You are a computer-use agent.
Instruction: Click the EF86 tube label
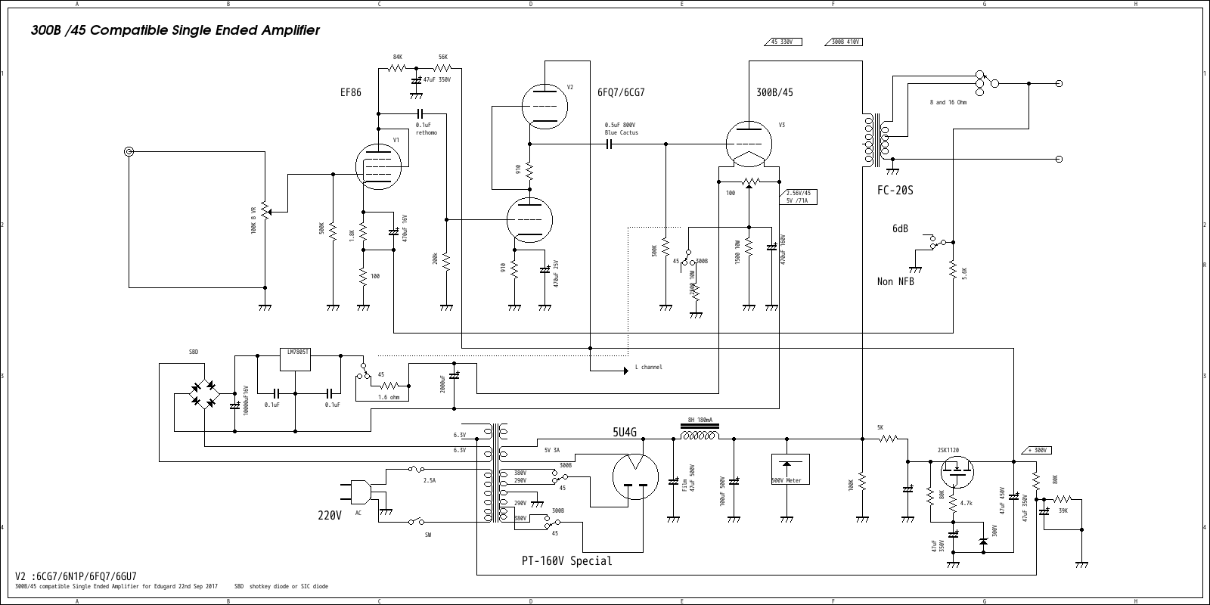point(351,92)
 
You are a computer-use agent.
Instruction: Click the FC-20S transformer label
point(895,191)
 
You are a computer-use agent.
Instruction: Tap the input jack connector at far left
point(129,152)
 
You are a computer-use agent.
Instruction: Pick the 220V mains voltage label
point(330,516)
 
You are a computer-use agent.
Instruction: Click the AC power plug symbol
point(360,492)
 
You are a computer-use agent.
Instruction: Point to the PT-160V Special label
point(566,561)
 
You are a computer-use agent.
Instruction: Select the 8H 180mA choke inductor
point(700,436)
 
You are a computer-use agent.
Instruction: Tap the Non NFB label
point(895,281)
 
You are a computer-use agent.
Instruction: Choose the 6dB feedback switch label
point(900,228)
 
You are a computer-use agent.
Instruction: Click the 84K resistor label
point(398,57)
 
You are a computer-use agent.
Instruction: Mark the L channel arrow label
point(647,367)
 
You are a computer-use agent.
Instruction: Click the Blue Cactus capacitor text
point(621,133)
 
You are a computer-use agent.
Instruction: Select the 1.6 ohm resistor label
point(389,396)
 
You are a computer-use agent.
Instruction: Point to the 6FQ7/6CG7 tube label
point(621,92)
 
